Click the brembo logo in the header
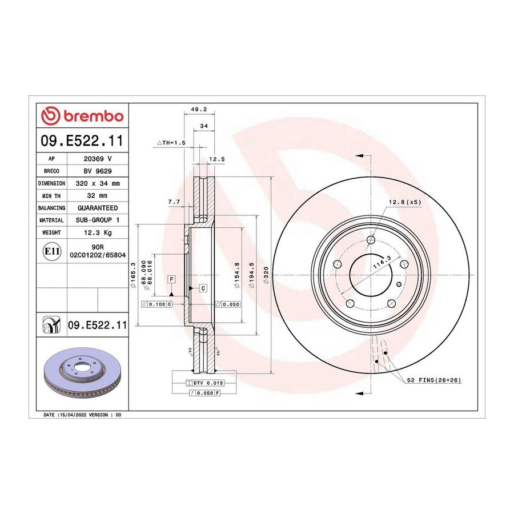tap(82, 116)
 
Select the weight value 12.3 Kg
tap(98, 232)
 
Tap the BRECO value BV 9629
tap(98, 171)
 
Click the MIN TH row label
tap(51, 196)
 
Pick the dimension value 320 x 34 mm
tap(98, 183)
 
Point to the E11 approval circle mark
tap(52, 251)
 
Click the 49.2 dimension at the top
tap(199, 110)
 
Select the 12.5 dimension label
tap(217, 159)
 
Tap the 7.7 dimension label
tap(174, 202)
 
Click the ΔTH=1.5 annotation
tap(171, 143)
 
